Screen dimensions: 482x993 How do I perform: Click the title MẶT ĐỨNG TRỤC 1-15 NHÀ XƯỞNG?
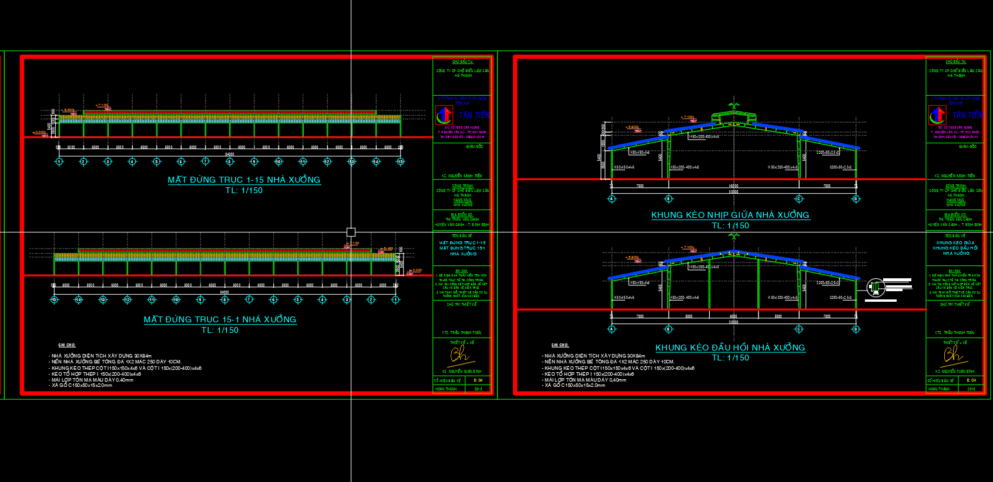tap(244, 180)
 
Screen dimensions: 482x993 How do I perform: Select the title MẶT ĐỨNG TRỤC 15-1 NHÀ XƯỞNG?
tap(220, 319)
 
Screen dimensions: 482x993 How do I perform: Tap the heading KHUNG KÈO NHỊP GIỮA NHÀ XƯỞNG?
tap(730, 215)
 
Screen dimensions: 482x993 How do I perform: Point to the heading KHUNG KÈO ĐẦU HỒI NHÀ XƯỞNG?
tap(730, 348)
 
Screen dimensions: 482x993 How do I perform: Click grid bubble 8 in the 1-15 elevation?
tap(230, 161)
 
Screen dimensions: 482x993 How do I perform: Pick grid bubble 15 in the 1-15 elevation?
tap(400, 161)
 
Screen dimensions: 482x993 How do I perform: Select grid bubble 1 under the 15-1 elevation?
tap(395, 300)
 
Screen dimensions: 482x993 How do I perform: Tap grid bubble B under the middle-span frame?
tap(668, 199)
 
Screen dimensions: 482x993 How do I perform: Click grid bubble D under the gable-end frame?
tap(856, 329)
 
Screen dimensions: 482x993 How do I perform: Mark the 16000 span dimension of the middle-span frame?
tap(733, 186)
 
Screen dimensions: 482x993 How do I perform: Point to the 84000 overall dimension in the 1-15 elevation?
tap(230, 154)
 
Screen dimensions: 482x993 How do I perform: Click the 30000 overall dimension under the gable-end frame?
tap(733, 322)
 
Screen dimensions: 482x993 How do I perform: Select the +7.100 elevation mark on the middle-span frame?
tap(687, 117)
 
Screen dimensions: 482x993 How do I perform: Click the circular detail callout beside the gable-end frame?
tap(875, 287)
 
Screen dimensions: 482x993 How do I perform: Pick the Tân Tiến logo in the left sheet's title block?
tap(444, 115)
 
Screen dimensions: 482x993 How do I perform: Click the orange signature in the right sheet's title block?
tap(952, 354)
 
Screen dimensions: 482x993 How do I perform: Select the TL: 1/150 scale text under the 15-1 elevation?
tap(220, 331)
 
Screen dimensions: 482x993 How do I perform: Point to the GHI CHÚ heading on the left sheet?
tap(66, 345)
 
